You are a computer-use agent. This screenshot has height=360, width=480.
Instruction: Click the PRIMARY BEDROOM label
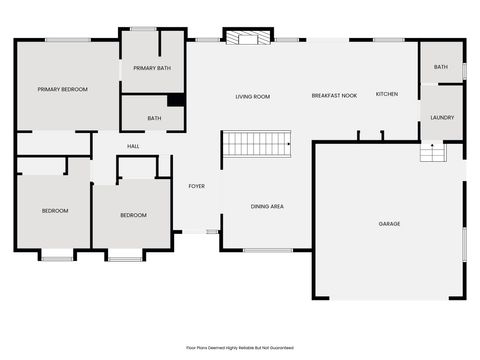(63, 90)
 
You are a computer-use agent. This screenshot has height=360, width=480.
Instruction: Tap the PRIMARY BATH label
(152, 68)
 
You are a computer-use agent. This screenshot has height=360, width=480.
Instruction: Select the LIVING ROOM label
(252, 97)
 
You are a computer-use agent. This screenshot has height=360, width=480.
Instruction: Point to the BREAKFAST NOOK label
(334, 95)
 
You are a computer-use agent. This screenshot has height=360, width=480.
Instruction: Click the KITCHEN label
(386, 94)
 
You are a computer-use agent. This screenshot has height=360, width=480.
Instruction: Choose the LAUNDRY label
(442, 117)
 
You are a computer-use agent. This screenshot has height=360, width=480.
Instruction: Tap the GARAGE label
(389, 223)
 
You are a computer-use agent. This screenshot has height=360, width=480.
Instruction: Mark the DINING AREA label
(267, 206)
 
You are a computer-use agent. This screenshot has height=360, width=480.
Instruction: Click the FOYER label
(196, 186)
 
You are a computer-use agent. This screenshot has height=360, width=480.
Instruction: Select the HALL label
(133, 146)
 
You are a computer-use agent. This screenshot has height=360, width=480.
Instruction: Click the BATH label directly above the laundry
(441, 67)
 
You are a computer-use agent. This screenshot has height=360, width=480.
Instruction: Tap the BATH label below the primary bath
(154, 118)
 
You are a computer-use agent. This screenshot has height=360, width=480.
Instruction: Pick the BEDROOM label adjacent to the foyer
(133, 215)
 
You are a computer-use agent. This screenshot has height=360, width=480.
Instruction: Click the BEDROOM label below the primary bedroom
(55, 210)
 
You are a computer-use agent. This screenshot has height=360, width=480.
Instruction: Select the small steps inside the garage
(431, 153)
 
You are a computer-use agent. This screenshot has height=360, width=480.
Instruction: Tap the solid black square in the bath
(175, 99)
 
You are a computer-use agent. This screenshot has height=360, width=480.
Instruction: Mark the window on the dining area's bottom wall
(267, 250)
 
